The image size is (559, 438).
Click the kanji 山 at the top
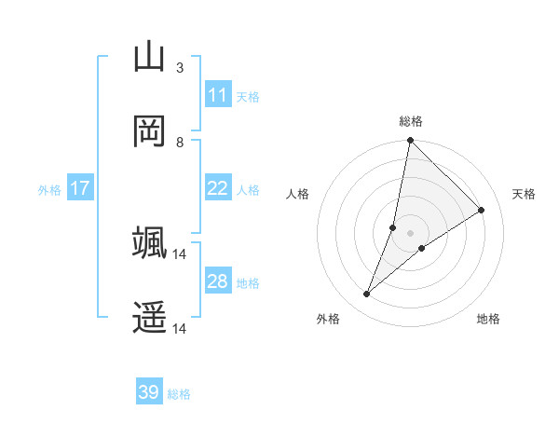pos(149,58)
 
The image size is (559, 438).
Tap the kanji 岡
pos(149,131)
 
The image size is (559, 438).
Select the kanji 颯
pos(149,243)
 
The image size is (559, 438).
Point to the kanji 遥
pos(149,318)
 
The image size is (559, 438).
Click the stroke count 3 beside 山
pos(179,68)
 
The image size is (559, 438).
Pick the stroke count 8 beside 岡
pos(179,143)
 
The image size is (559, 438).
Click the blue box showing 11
pos(217,95)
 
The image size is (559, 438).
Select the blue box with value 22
pos(217,188)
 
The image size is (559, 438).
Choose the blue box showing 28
pos(217,281)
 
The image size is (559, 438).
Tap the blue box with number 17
pos(79,188)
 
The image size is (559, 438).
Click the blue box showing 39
pos(149,392)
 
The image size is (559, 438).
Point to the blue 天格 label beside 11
pos(247,96)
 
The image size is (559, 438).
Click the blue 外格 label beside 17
pos(49,189)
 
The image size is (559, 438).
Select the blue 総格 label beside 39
pos(179,393)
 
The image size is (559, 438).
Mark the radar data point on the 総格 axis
pos(410,141)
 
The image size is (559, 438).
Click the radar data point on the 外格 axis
pos(367,294)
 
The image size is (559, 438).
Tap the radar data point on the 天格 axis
pos(482,211)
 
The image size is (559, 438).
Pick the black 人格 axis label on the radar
pos(298,194)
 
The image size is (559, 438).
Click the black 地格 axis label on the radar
pos(488,319)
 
